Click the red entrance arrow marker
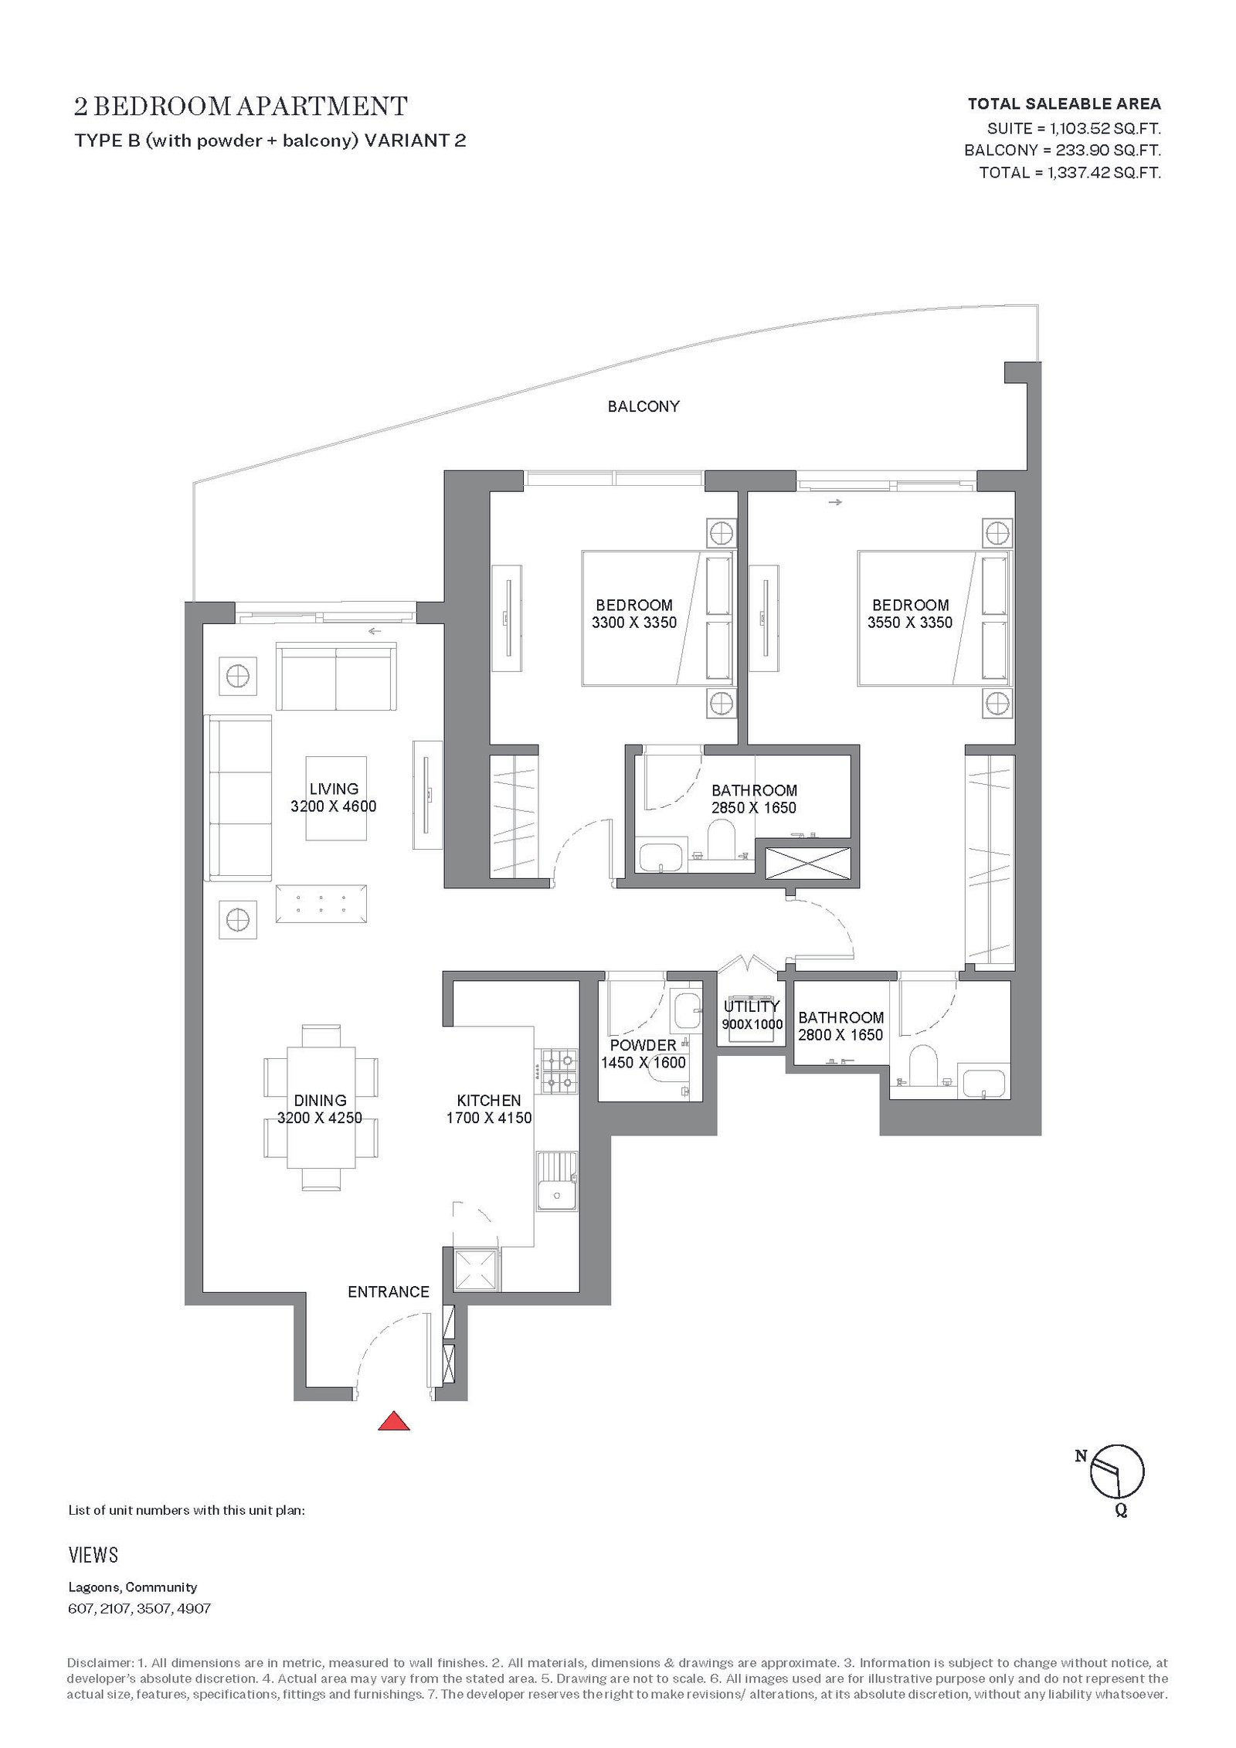tap(393, 1420)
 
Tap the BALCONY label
tap(643, 406)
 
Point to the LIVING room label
tap(334, 789)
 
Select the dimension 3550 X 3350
tap(910, 623)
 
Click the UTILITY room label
tap(752, 1006)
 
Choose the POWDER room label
tap(643, 1045)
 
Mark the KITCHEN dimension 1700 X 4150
tap(489, 1118)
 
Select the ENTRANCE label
tap(389, 1291)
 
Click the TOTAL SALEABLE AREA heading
tap(1064, 104)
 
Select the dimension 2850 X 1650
tap(754, 808)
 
